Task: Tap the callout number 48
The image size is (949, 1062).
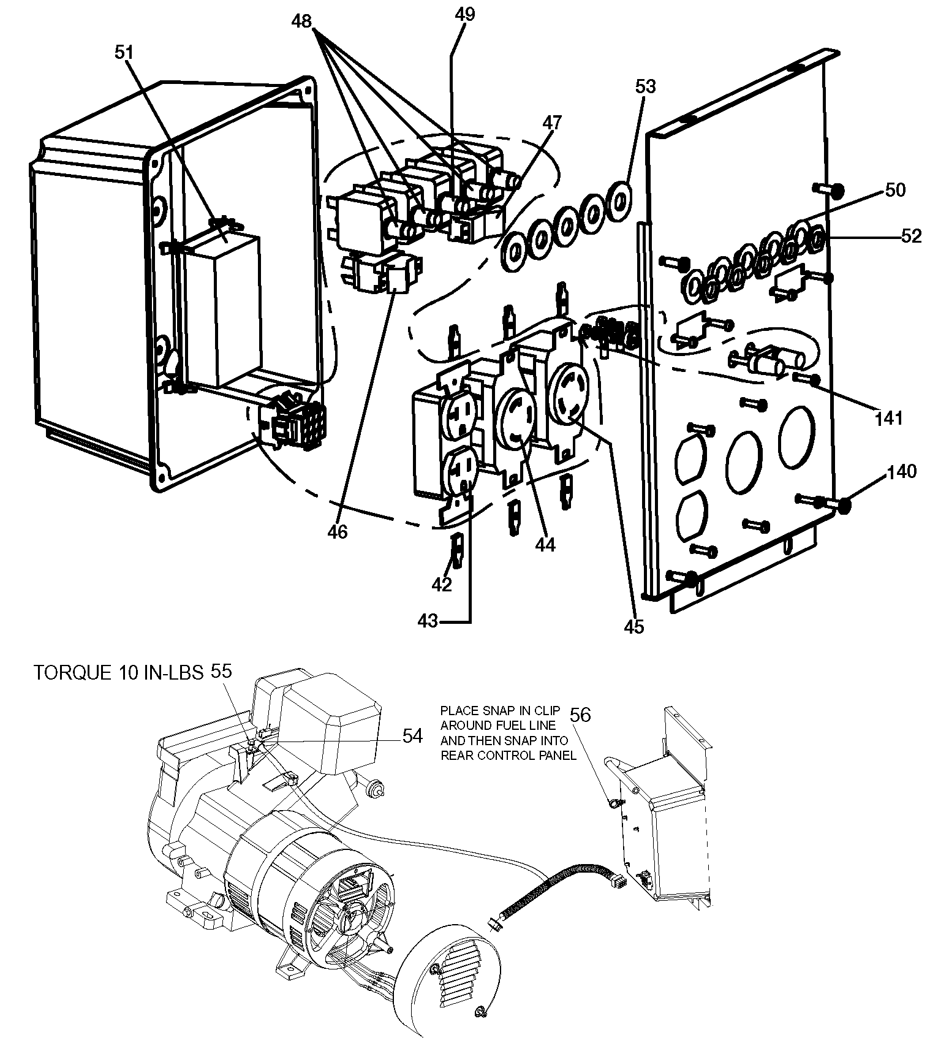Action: click(x=302, y=21)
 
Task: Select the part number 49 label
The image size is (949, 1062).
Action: click(x=465, y=14)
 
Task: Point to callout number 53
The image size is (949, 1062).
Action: click(x=645, y=86)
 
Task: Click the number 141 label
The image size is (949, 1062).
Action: click(x=889, y=419)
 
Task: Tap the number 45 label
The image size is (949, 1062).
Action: click(x=634, y=627)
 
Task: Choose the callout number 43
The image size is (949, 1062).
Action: click(x=428, y=621)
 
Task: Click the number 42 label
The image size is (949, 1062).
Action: click(x=442, y=585)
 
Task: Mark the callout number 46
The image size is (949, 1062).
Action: click(x=337, y=531)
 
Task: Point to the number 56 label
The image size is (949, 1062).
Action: click(x=581, y=715)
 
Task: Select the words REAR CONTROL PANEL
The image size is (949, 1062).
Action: click(x=509, y=756)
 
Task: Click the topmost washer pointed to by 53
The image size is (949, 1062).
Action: click(x=618, y=201)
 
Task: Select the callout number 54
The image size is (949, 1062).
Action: click(x=412, y=736)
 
